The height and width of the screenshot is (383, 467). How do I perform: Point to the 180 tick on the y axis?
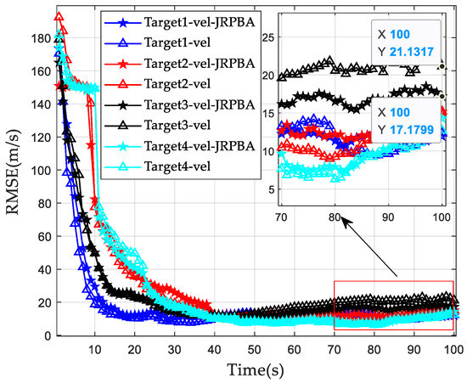tap(37, 37)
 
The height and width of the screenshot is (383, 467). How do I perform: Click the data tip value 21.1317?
tap(411, 52)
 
